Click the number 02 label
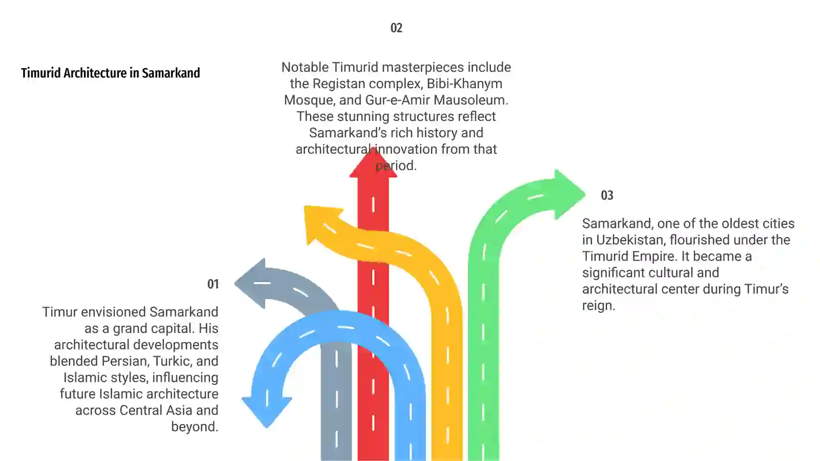pos(396,28)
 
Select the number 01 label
pos(213,284)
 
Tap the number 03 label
pos(607,195)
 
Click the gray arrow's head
pos(251,284)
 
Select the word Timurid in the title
pos(40,73)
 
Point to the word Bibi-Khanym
pos(464,84)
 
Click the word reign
pos(599,306)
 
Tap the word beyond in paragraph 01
pos(195,427)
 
